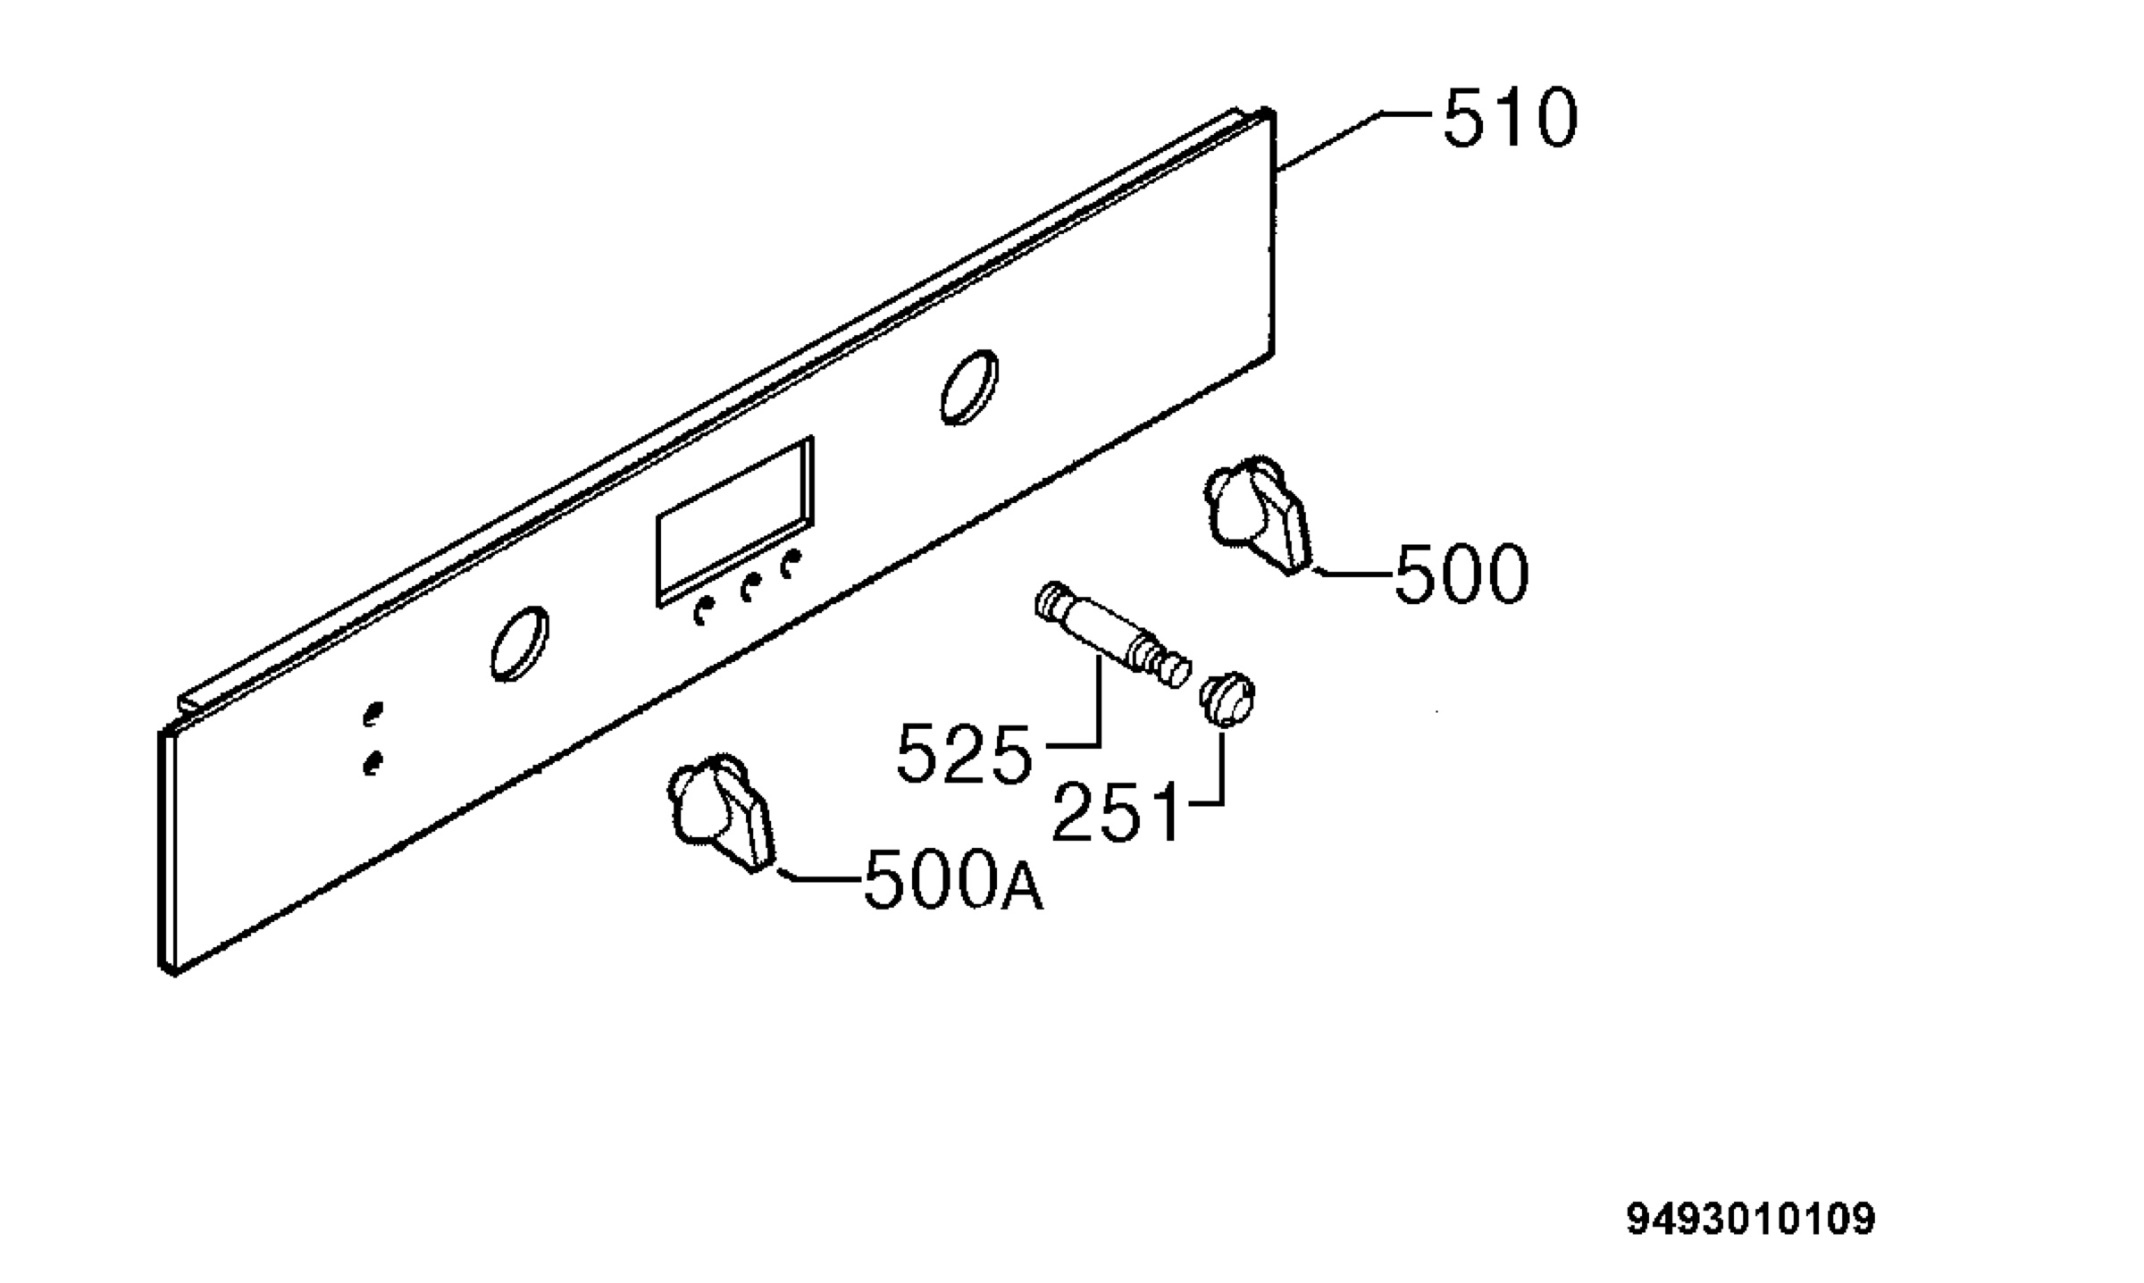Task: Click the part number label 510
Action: (x=1511, y=118)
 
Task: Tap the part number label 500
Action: (x=1461, y=574)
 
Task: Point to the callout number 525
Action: (x=964, y=754)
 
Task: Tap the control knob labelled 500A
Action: (x=721, y=812)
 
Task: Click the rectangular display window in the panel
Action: (x=734, y=522)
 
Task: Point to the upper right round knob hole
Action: (x=968, y=386)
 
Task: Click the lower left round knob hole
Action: (x=519, y=643)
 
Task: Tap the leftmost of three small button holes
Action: (x=704, y=611)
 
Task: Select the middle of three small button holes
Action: (x=750, y=586)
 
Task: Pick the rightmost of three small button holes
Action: (x=791, y=564)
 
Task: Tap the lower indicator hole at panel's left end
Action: (x=373, y=762)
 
